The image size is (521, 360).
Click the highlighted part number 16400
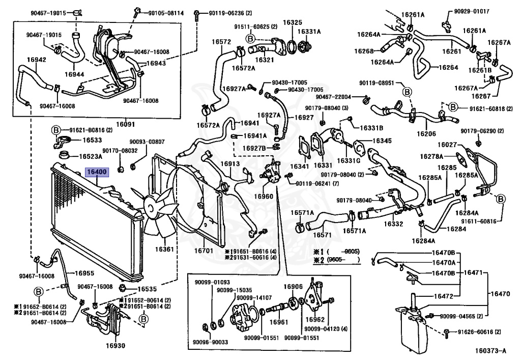click(97, 173)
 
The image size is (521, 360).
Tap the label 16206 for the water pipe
click(426, 133)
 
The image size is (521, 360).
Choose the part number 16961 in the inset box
click(279, 322)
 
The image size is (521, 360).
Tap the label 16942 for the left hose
click(37, 60)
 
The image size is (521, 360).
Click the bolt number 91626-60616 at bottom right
click(478, 331)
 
